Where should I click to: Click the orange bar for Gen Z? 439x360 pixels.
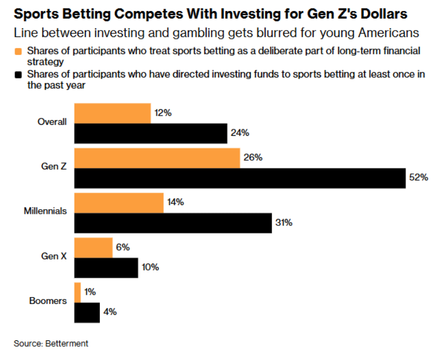[x=157, y=158]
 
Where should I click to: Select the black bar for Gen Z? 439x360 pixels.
[x=240, y=178]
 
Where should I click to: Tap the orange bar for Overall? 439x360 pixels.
[x=113, y=113]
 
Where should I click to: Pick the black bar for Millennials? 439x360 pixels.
[x=173, y=223]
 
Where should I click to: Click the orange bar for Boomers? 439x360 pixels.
[x=77, y=292]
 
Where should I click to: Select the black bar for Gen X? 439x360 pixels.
[x=106, y=268]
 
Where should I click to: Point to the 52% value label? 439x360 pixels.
[x=419, y=177]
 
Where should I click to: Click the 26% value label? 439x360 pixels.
[x=253, y=157]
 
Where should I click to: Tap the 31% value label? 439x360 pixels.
[x=284, y=222]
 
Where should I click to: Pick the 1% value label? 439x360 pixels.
[x=90, y=292]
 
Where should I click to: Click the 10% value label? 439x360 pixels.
[x=150, y=267]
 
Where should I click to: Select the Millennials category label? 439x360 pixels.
[x=46, y=211]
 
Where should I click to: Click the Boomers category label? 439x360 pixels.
[x=48, y=300]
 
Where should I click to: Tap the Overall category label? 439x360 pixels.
[x=52, y=121]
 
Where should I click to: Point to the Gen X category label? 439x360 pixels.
[x=54, y=256]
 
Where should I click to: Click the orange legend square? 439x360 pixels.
[x=18, y=51]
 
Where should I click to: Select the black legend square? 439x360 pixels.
[x=18, y=75]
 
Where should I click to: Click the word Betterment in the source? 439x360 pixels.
[x=66, y=343]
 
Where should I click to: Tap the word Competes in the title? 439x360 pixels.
[x=149, y=14]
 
